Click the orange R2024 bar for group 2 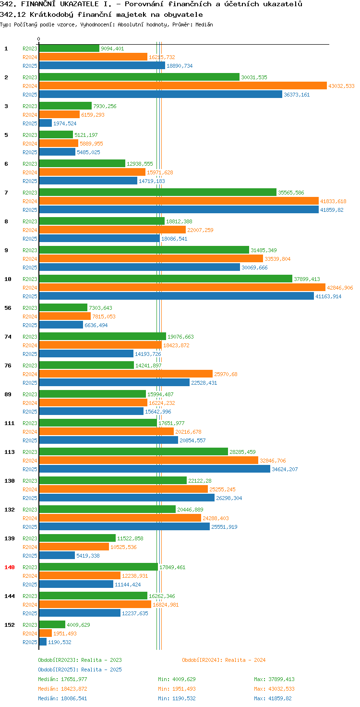[x=183, y=86]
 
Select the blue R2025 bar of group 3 [x=46, y=123]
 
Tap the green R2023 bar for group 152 [x=52, y=624]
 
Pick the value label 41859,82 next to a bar [x=332, y=210]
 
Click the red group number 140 [x=10, y=567]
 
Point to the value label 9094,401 [x=112, y=49]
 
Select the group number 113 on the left [x=10, y=452]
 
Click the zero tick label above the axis [x=38, y=39]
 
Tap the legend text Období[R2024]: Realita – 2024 [x=224, y=660]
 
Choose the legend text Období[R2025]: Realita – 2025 [x=80, y=670]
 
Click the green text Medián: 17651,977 [x=62, y=679]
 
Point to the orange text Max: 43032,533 [x=274, y=689]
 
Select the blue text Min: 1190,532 [x=177, y=698]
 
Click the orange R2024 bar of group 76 [x=126, y=374]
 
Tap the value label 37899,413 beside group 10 [x=307, y=279]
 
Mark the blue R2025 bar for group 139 [x=57, y=556]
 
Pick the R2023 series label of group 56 [x=30, y=308]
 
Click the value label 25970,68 [x=226, y=374]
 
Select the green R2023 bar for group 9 [x=144, y=250]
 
